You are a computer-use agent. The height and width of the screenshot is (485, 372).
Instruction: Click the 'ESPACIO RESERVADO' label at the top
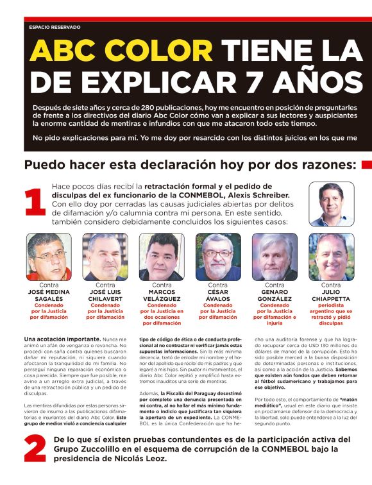tap(55, 27)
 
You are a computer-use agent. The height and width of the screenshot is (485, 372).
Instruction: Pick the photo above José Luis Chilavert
tap(105, 257)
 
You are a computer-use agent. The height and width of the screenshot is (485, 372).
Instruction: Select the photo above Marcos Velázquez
tap(162, 257)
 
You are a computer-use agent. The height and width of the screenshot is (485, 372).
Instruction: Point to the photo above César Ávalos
tap(218, 257)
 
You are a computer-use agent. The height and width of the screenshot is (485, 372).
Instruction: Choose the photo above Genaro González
tap(275, 257)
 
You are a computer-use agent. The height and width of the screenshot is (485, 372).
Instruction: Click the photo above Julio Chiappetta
tap(331, 257)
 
